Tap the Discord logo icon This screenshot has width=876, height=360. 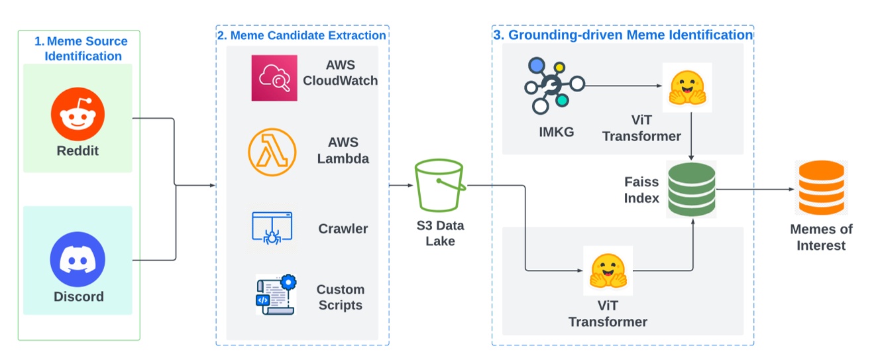pos(78,259)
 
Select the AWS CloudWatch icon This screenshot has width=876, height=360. pos(274,78)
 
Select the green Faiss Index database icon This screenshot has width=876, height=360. pos(692,188)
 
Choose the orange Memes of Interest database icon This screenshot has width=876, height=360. pos(821,188)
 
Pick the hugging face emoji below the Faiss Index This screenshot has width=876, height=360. pos(608,270)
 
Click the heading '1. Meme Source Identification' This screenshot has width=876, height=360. pos(82,48)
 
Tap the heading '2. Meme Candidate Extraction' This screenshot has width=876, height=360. pos(301,35)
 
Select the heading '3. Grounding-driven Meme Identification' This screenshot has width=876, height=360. pos(623,35)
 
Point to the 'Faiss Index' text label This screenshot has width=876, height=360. pos(641,190)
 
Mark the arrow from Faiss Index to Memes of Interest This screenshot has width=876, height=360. pos(755,189)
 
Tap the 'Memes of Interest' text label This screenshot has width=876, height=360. pos(821,237)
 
